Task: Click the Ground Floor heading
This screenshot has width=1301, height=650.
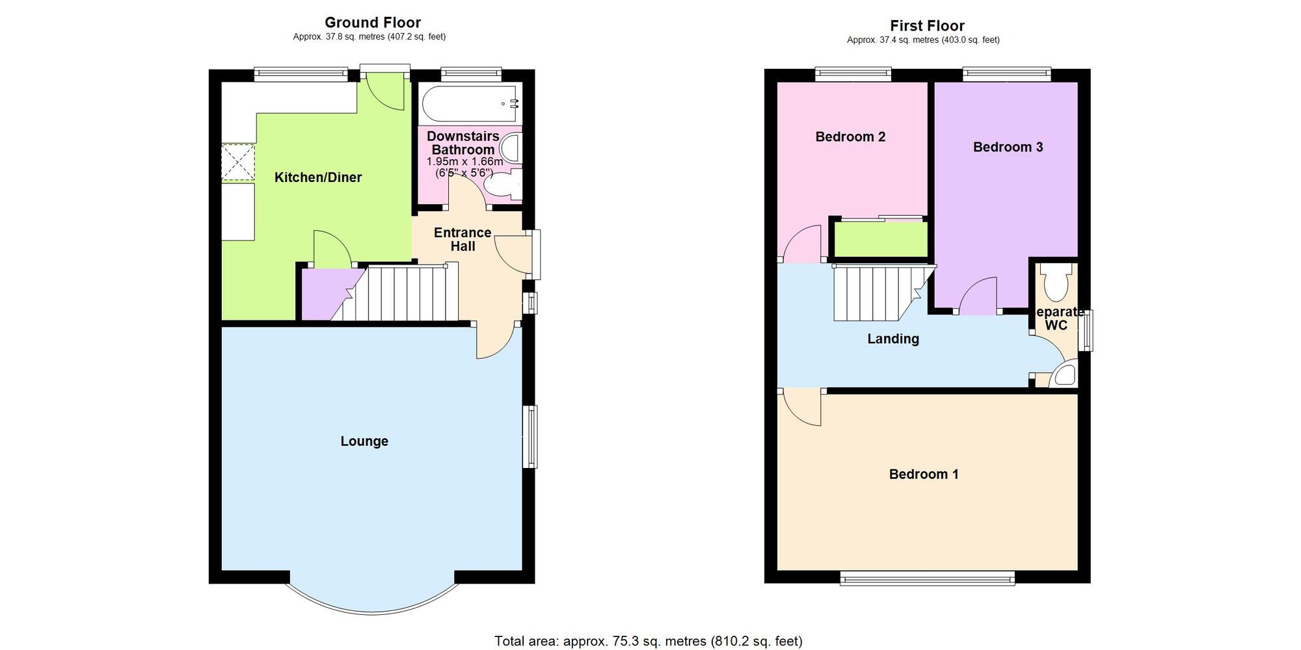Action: point(373,22)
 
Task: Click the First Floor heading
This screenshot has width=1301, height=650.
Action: point(927,25)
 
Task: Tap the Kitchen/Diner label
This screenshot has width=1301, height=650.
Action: point(317,177)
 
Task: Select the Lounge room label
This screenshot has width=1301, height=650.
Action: point(364,441)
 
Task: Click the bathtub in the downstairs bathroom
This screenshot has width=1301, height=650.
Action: point(470,103)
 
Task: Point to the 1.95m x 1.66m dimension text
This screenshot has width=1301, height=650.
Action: point(464,162)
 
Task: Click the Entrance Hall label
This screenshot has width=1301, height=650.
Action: point(463,239)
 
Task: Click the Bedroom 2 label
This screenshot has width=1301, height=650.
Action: point(850,136)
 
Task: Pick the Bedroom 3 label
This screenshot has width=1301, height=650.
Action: point(1008,147)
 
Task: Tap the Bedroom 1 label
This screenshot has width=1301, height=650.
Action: point(924,474)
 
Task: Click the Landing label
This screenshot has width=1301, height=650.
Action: point(893,339)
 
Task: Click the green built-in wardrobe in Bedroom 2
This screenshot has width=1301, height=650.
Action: point(880,240)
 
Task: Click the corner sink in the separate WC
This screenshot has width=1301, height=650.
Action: point(1065,376)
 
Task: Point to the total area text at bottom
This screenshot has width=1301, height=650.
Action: point(648,641)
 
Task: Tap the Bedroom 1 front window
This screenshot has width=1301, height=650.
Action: point(927,578)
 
